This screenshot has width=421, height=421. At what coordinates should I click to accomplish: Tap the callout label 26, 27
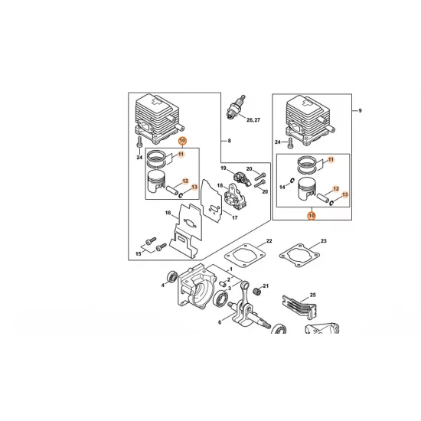[x=253, y=120]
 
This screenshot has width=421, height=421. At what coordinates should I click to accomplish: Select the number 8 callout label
[x=230, y=141]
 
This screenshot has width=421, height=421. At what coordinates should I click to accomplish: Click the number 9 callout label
[x=360, y=110]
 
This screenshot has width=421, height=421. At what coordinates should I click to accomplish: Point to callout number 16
[x=168, y=213]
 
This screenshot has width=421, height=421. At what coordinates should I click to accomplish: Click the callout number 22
[x=269, y=241]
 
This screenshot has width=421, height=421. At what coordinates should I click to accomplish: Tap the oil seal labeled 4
[x=171, y=277]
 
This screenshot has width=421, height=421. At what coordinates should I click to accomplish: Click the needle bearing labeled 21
[x=256, y=292]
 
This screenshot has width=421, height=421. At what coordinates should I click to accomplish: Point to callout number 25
[x=313, y=295]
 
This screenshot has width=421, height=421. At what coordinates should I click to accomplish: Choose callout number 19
[x=223, y=168]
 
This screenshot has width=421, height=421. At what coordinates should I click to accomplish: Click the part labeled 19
[x=243, y=179]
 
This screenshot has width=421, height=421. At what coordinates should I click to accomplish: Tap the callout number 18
[x=220, y=185]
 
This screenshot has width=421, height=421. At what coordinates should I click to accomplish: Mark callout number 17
[x=235, y=217]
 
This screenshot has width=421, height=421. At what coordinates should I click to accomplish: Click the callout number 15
[x=139, y=253]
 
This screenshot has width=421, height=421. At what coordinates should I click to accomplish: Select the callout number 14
[x=282, y=187]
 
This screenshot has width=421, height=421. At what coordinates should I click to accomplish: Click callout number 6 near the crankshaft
[x=220, y=322]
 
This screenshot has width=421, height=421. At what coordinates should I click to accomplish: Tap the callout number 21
[x=266, y=286]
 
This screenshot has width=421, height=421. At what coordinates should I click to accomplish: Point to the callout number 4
[x=162, y=286]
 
